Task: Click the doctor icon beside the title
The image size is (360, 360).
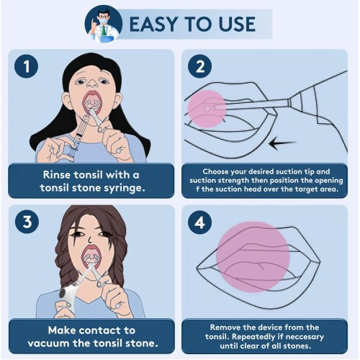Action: (x=104, y=24)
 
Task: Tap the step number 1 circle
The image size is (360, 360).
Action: (x=26, y=66)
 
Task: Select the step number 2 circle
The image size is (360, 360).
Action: (x=199, y=66)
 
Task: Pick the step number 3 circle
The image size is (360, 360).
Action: (x=27, y=222)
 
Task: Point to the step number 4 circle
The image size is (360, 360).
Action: (x=199, y=222)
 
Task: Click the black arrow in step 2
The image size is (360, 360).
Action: (x=282, y=143)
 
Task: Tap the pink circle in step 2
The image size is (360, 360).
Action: (x=207, y=109)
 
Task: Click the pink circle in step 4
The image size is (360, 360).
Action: (x=253, y=257)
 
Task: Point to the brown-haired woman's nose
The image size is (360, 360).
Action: (x=89, y=239)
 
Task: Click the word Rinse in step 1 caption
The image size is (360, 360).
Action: (x=57, y=175)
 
